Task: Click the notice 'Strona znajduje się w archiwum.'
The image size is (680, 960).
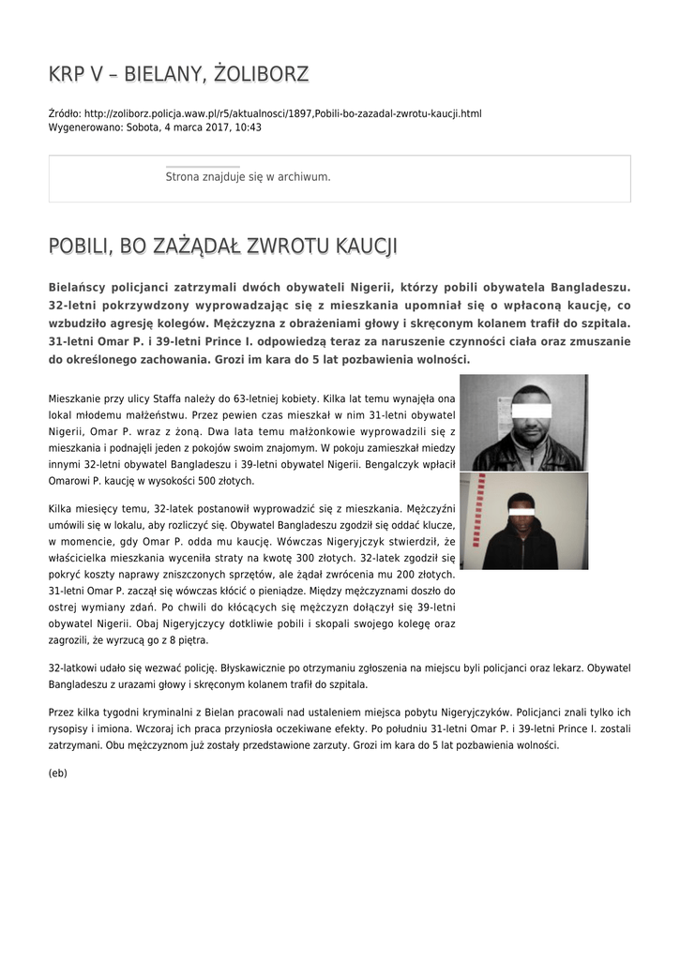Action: click(x=248, y=176)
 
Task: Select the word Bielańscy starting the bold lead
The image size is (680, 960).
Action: click(x=77, y=287)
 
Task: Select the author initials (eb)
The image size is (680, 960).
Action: click(x=58, y=773)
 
